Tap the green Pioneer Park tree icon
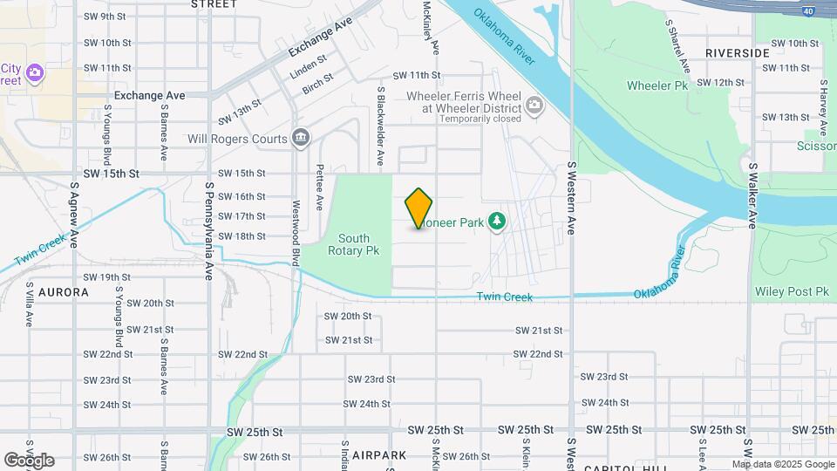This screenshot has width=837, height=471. click(x=497, y=222)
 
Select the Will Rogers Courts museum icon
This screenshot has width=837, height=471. click(x=301, y=139)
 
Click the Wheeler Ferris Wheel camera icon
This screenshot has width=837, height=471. click(x=534, y=107)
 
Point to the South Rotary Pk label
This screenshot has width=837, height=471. click(x=354, y=244)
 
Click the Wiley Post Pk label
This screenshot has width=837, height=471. click(x=792, y=292)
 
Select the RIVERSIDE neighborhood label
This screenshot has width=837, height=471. click(x=738, y=53)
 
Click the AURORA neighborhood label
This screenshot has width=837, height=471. click(x=63, y=292)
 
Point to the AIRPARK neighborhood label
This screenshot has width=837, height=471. click(x=380, y=455)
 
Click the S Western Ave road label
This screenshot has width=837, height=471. click(x=572, y=198)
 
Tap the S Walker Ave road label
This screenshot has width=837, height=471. click(x=751, y=195)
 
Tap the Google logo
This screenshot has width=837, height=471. click(x=29, y=460)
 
